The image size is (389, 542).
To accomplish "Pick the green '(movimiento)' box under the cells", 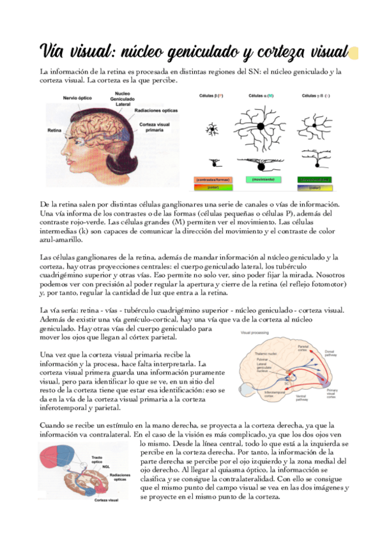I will pyautogui.click(x=259, y=180).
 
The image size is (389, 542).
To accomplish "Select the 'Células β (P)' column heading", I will pyautogui.click(x=211, y=95).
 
